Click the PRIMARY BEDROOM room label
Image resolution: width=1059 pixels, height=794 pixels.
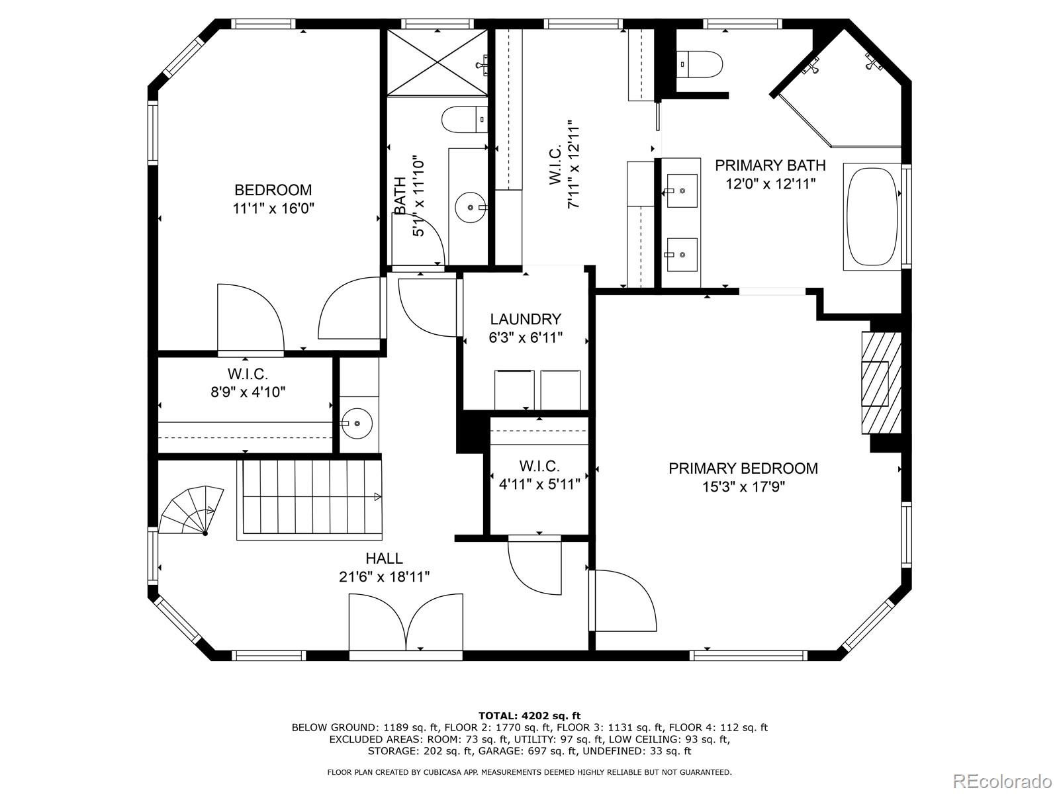click(x=743, y=468)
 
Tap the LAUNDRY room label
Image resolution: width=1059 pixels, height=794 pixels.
click(x=526, y=319)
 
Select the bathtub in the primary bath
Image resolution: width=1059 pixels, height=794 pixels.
click(x=871, y=216)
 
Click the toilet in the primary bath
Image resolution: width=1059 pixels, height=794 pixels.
click(x=699, y=64)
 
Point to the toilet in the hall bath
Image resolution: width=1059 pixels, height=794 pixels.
click(x=465, y=119)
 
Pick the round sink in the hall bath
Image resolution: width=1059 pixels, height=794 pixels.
click(x=471, y=207)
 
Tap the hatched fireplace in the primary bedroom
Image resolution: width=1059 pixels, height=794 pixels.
click(x=882, y=383)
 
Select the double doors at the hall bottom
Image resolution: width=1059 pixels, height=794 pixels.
click(x=406, y=623)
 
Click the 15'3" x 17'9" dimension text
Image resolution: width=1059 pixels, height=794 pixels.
click(x=743, y=487)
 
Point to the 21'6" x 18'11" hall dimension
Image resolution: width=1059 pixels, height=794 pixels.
click(x=384, y=576)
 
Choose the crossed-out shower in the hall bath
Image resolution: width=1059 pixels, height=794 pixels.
click(x=437, y=62)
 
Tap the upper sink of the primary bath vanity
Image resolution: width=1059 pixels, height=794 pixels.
click(x=682, y=191)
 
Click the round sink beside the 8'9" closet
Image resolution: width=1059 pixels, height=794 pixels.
click(x=357, y=423)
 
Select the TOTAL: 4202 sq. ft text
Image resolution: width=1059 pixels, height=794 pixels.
click(x=529, y=715)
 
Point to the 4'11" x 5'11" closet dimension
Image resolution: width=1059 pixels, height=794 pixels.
click(x=539, y=484)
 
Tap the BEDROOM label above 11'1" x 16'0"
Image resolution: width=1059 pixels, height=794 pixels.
click(x=273, y=190)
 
